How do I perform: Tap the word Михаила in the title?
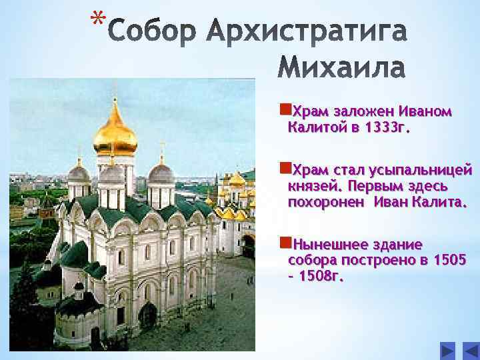pos(341,67)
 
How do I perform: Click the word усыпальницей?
pos(427,169)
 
